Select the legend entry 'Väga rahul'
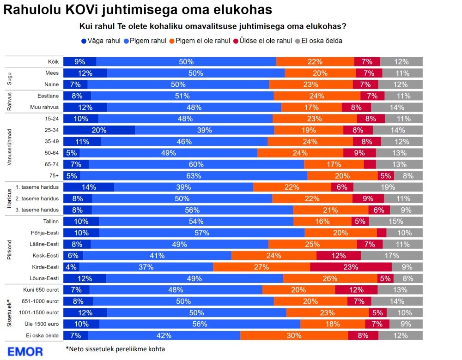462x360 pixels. click(101, 41)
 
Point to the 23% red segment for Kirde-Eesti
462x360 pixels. click(351, 267)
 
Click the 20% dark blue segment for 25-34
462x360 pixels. click(99, 130)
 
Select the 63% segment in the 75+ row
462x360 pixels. click(194, 175)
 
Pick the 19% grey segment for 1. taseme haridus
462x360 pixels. click(388, 187)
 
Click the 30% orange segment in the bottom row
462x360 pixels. click(294, 336)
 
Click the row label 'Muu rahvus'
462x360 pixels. click(45, 108)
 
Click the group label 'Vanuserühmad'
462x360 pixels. click(10, 142)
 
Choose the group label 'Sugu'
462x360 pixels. click(10, 79)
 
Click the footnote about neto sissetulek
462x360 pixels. click(115, 349)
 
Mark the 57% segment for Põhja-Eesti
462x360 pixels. click(202, 233)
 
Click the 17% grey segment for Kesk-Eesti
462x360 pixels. click(391, 255)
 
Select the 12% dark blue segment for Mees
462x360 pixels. click(85, 73)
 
